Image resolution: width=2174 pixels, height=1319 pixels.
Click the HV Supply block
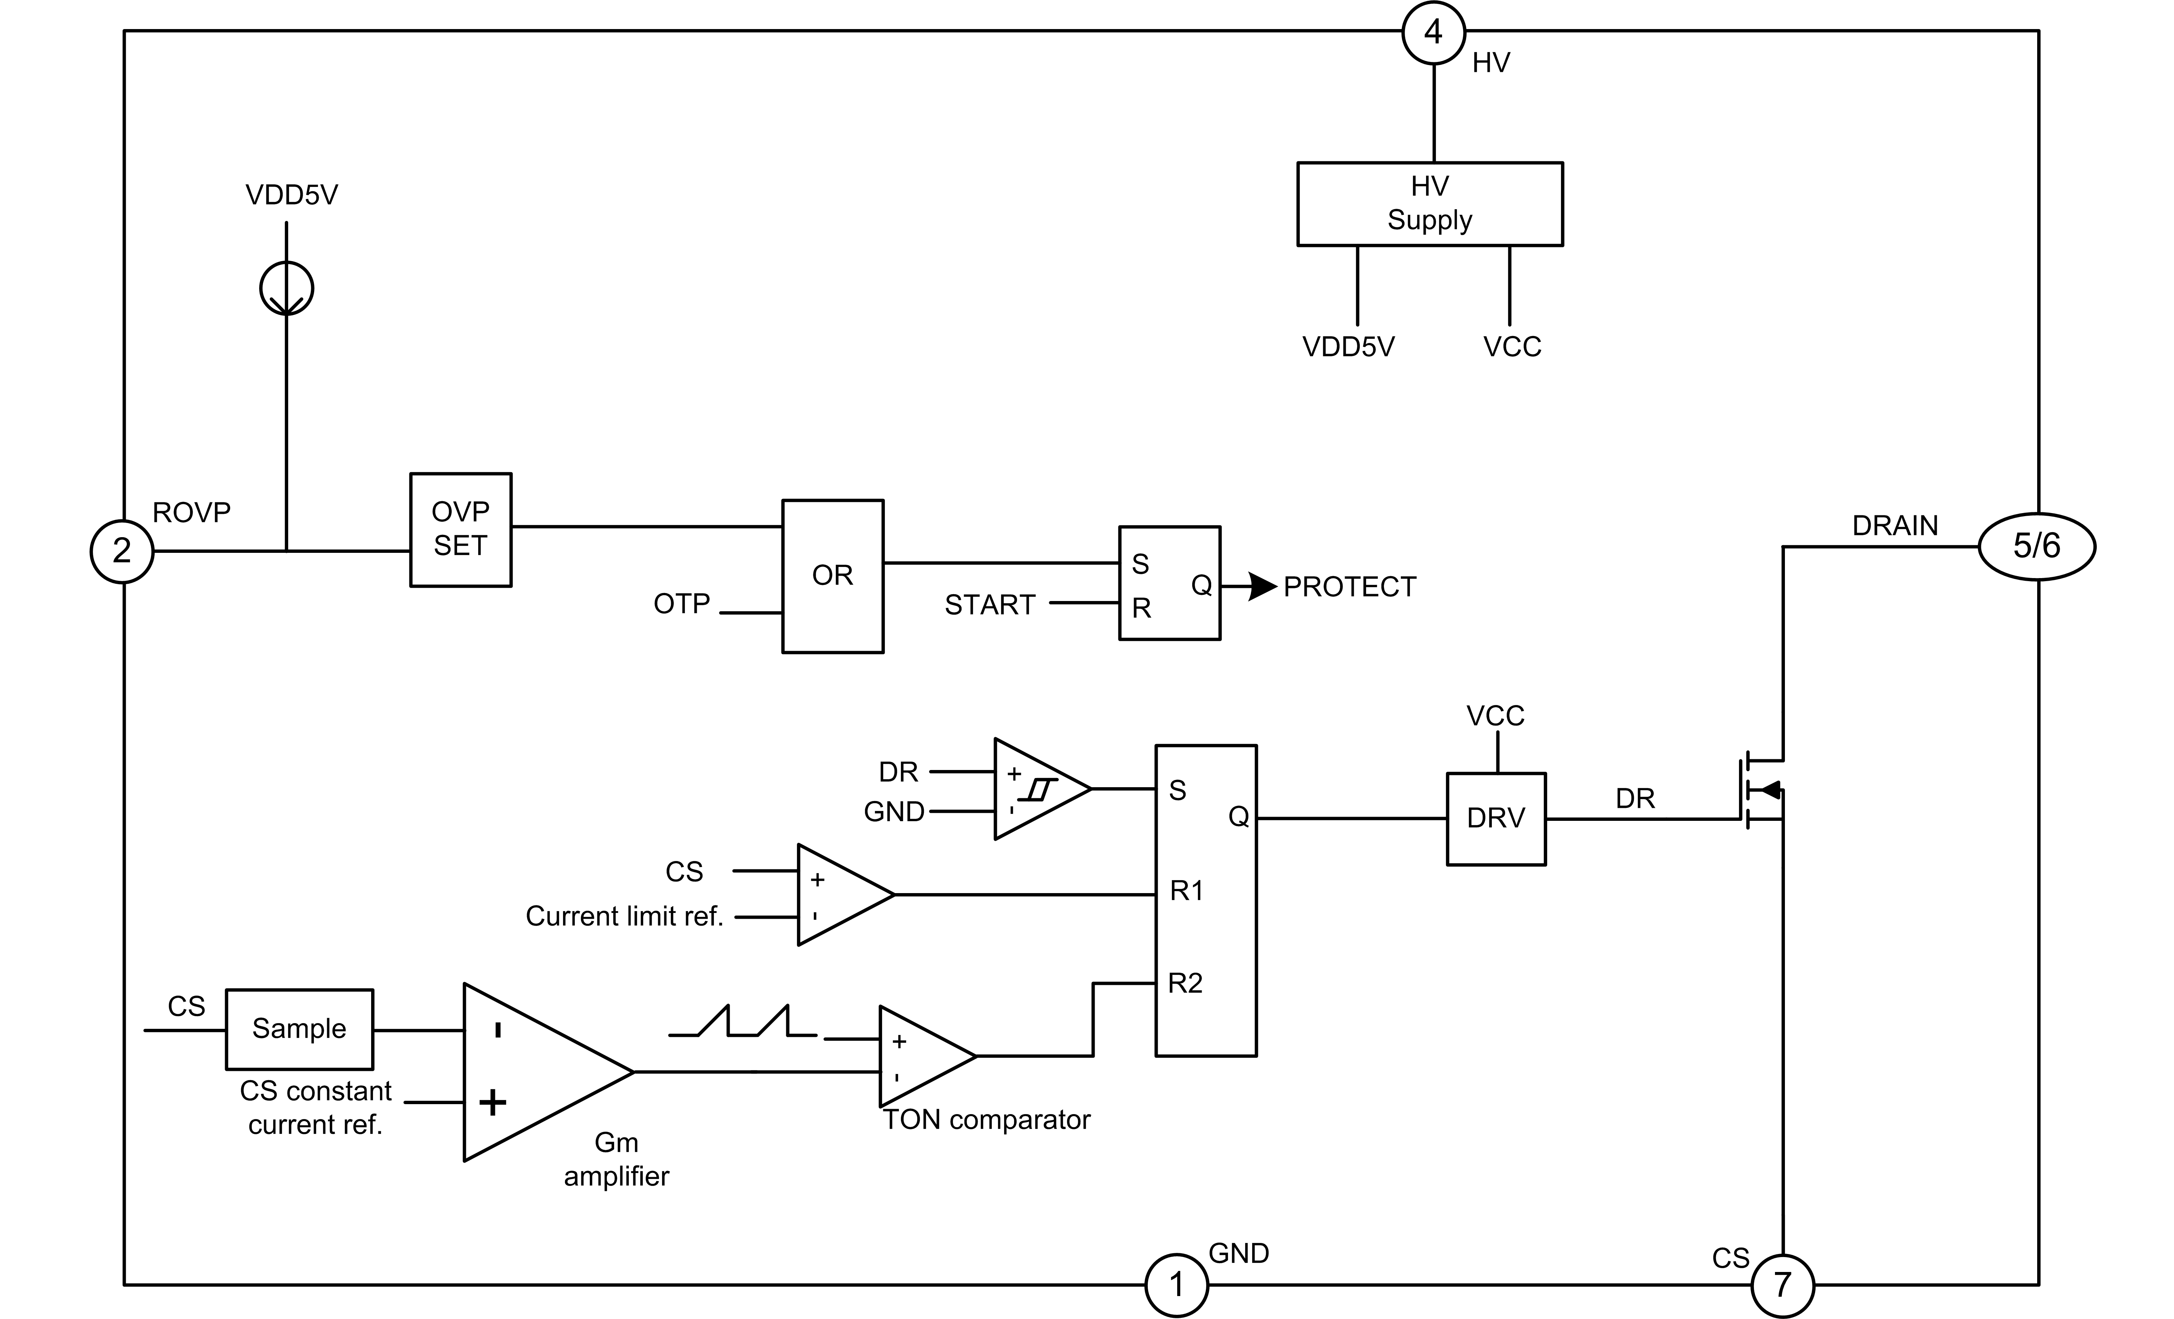tap(1429, 204)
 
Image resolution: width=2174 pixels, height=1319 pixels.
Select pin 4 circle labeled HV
tap(1434, 32)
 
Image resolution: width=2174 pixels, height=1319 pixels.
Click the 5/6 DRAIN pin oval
tap(2036, 547)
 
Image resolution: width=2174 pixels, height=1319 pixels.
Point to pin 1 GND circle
tap(1176, 1285)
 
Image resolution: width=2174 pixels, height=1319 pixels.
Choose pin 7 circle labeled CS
tap(1782, 1285)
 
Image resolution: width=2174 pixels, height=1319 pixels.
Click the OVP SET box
tap(461, 530)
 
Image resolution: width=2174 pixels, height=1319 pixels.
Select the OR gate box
tap(832, 576)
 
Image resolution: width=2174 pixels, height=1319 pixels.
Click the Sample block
tap(299, 1029)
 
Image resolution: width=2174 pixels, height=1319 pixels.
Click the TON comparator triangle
tap(922, 1056)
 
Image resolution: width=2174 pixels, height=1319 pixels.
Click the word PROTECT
tap(1349, 587)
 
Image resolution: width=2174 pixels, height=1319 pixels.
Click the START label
tap(989, 605)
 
